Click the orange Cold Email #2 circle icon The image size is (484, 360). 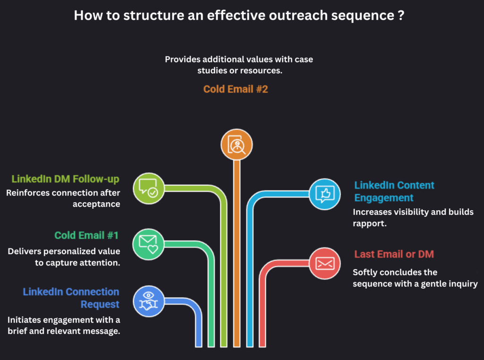pos(237,145)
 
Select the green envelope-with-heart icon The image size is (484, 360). pos(148,244)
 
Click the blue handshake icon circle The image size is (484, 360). pos(148,301)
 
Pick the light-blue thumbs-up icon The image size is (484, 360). pos(325,193)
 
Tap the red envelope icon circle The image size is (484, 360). pos(325,263)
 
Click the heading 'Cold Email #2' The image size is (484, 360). pos(235,89)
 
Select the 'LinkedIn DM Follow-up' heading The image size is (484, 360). pos(65,179)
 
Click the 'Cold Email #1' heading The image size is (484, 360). pos(86,235)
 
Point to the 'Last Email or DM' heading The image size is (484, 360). pos(394,254)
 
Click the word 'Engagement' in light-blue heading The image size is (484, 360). pos(384,197)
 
